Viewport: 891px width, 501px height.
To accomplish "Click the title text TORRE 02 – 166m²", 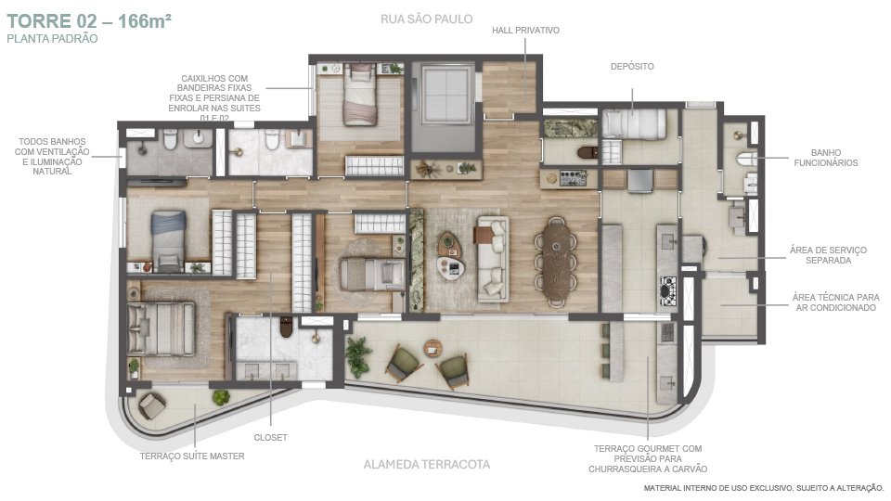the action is tap(89, 21).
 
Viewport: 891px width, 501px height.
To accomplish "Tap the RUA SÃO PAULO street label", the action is tap(427, 19).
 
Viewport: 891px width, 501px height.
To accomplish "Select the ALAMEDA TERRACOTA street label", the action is tap(427, 465).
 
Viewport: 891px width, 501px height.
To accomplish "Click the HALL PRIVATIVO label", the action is tap(525, 30).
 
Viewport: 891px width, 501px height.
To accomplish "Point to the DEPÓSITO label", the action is tap(632, 67).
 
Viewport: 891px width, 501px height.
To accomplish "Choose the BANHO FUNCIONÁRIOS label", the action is tap(826, 158).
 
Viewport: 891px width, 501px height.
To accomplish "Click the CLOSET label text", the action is tap(270, 437).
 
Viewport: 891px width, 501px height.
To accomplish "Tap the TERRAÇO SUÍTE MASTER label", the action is tap(192, 456).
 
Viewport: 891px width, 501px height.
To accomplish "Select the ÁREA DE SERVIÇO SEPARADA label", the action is tap(829, 255).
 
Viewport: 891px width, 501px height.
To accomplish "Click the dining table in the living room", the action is tap(556, 262).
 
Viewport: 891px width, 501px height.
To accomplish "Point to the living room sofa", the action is tap(493, 259).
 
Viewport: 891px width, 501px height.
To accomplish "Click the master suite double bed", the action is tap(161, 328).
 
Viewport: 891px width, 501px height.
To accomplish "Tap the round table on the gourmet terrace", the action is tap(433, 348).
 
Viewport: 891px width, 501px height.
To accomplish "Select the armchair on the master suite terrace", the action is tap(151, 405).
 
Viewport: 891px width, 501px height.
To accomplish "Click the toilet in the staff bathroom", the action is tap(745, 159).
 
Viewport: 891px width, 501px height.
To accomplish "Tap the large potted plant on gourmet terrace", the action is tap(357, 356).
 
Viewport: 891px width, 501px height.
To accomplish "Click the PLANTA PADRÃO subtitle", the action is tap(52, 39).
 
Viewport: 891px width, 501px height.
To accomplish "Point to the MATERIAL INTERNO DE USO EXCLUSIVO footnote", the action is tap(764, 488).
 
